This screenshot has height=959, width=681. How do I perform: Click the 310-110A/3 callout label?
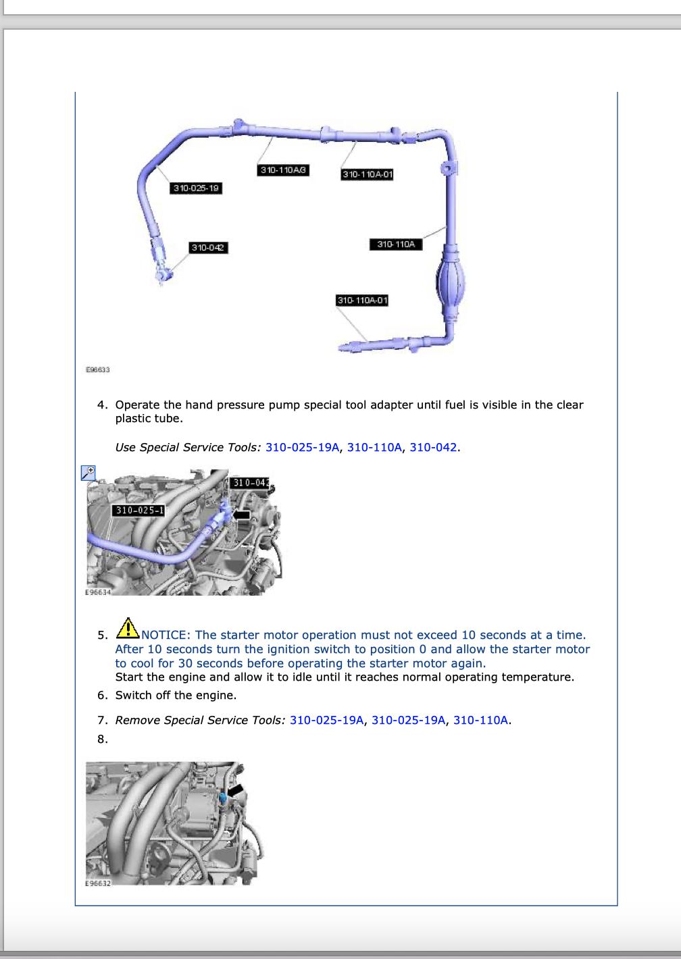[x=284, y=170]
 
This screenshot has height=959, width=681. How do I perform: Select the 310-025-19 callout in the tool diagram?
[x=197, y=188]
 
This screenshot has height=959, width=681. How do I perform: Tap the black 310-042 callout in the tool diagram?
[x=208, y=248]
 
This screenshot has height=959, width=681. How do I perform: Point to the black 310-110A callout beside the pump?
[x=396, y=244]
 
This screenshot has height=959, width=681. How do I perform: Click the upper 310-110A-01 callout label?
[x=368, y=174]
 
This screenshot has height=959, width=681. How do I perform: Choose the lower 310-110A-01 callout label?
[x=362, y=300]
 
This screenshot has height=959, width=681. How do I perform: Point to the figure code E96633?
[x=98, y=370]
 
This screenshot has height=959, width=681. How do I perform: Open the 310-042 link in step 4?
[x=434, y=447]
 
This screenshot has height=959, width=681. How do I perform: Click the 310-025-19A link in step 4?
[x=303, y=447]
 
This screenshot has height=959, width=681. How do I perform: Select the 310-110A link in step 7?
[x=480, y=720]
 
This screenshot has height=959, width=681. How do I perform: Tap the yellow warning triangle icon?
[x=127, y=629]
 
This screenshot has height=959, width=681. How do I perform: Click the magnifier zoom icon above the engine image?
[x=89, y=473]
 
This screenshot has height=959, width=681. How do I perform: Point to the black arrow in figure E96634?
[x=241, y=515]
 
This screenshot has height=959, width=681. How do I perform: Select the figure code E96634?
[x=97, y=592]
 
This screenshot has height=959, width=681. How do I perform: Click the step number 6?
[x=103, y=695]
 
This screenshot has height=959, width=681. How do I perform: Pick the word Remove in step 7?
[x=136, y=720]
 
